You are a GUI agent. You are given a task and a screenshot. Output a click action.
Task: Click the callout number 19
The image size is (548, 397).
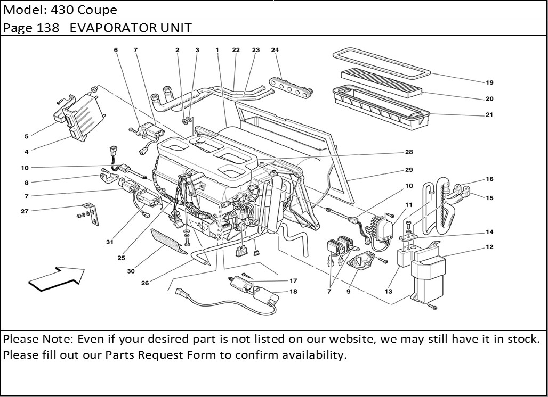489,82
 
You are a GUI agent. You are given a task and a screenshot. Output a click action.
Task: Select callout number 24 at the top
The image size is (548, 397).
275,50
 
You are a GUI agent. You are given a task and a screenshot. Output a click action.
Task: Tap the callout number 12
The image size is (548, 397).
489,247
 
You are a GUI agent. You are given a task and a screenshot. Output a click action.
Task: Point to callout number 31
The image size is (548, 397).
110,242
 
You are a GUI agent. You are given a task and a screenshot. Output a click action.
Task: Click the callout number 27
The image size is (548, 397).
25,211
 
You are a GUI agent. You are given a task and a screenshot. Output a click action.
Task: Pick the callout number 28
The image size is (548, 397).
409,152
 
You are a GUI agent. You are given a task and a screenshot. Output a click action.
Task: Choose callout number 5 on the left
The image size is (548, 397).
26,136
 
